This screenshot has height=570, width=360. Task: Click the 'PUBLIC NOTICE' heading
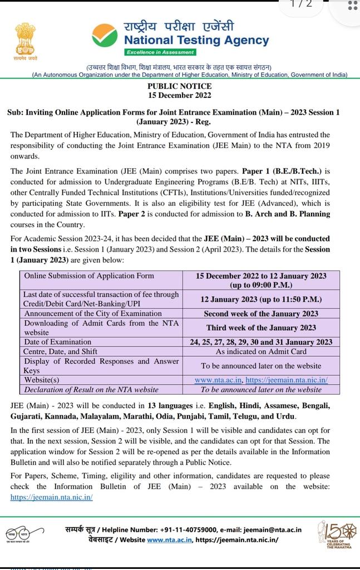(179, 86)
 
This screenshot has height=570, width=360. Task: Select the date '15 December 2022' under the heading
(179, 95)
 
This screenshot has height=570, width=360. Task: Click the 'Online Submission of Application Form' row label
(88, 276)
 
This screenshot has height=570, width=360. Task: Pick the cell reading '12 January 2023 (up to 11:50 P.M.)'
(261, 299)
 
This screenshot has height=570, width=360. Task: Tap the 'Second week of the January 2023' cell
(261, 313)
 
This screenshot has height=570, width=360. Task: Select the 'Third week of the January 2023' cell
(261, 328)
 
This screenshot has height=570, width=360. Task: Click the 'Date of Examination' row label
(57, 342)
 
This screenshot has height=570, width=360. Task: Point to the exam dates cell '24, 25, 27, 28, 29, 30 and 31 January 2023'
(261, 342)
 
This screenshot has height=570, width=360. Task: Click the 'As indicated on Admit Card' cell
(261, 351)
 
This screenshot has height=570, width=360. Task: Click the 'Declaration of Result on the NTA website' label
(91, 390)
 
